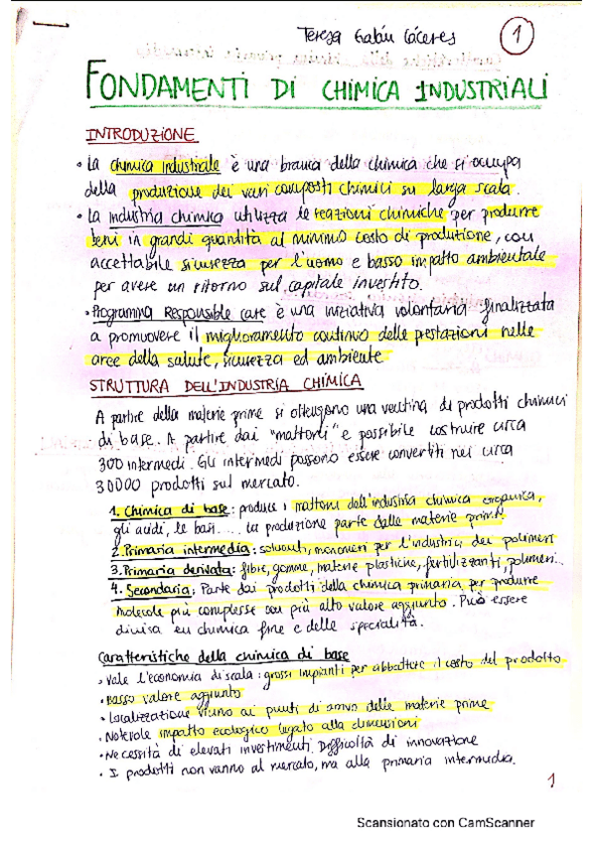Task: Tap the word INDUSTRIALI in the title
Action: (483, 90)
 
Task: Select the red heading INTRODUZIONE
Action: (140, 134)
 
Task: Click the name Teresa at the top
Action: (324, 37)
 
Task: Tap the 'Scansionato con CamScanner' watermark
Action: (446, 823)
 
